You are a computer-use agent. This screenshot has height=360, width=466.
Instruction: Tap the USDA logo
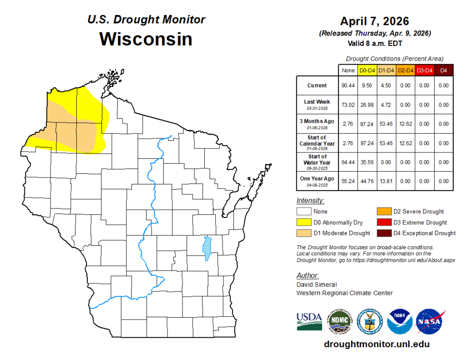[309, 321]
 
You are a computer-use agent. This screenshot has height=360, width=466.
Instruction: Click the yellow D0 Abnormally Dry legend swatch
[304, 223]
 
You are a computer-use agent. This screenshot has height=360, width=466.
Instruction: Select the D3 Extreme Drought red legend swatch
[383, 223]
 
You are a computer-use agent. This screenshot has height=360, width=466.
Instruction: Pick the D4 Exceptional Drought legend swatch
[383, 233]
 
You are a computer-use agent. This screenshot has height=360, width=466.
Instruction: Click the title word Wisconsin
[146, 39]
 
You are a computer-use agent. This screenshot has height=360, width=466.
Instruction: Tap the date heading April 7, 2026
[375, 21]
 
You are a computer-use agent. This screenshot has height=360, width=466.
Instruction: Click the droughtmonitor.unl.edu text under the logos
[376, 345]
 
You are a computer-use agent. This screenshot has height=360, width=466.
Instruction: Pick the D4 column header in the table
[444, 70]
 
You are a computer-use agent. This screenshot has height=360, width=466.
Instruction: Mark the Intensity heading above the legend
[310, 201]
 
